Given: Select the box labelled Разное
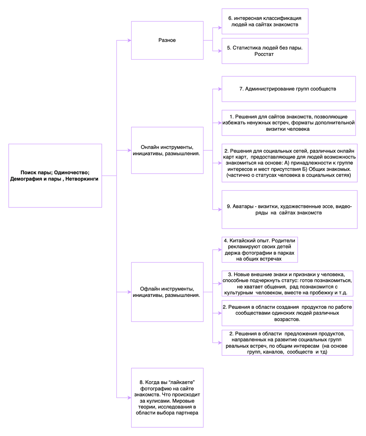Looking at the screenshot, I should point(167,40).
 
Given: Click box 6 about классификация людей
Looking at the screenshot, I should point(265,21).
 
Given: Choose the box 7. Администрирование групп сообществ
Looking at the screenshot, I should point(288,89).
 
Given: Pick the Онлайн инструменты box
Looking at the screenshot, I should point(167,150).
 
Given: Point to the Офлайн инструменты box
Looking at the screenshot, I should point(167,292).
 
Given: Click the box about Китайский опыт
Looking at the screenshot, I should point(260,250).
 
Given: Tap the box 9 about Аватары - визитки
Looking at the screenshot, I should point(289,209).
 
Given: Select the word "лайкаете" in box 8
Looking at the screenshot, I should point(182,382).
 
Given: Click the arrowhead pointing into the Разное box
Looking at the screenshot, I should point(129,40).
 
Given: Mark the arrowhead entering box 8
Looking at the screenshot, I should point(129,398).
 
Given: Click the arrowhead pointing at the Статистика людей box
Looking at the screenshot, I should point(220,51).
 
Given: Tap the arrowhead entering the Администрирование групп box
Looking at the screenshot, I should point(220,89).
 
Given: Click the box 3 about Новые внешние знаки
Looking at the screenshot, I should point(287,283).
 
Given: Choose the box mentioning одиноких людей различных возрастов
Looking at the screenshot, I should point(287,313).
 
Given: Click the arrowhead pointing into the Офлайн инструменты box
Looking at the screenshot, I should point(129,292).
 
